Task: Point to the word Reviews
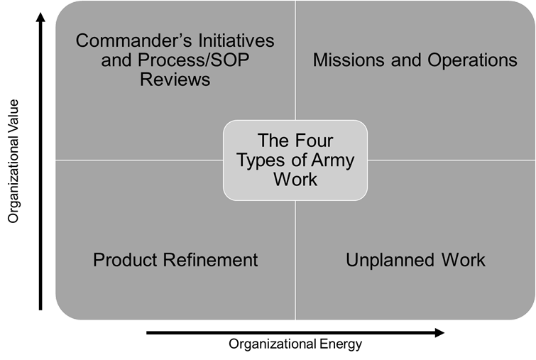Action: click(175, 79)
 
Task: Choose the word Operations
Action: click(472, 60)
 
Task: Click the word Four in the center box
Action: click(313, 141)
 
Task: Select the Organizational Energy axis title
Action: click(295, 344)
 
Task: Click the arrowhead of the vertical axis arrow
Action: click(40, 14)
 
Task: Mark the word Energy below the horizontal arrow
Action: click(340, 344)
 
